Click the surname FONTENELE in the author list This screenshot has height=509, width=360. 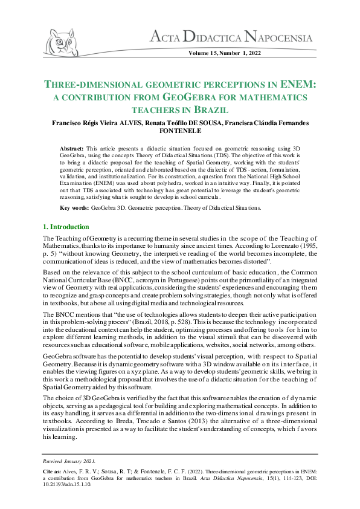click(x=179, y=130)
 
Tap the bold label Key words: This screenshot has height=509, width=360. click(x=74, y=208)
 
